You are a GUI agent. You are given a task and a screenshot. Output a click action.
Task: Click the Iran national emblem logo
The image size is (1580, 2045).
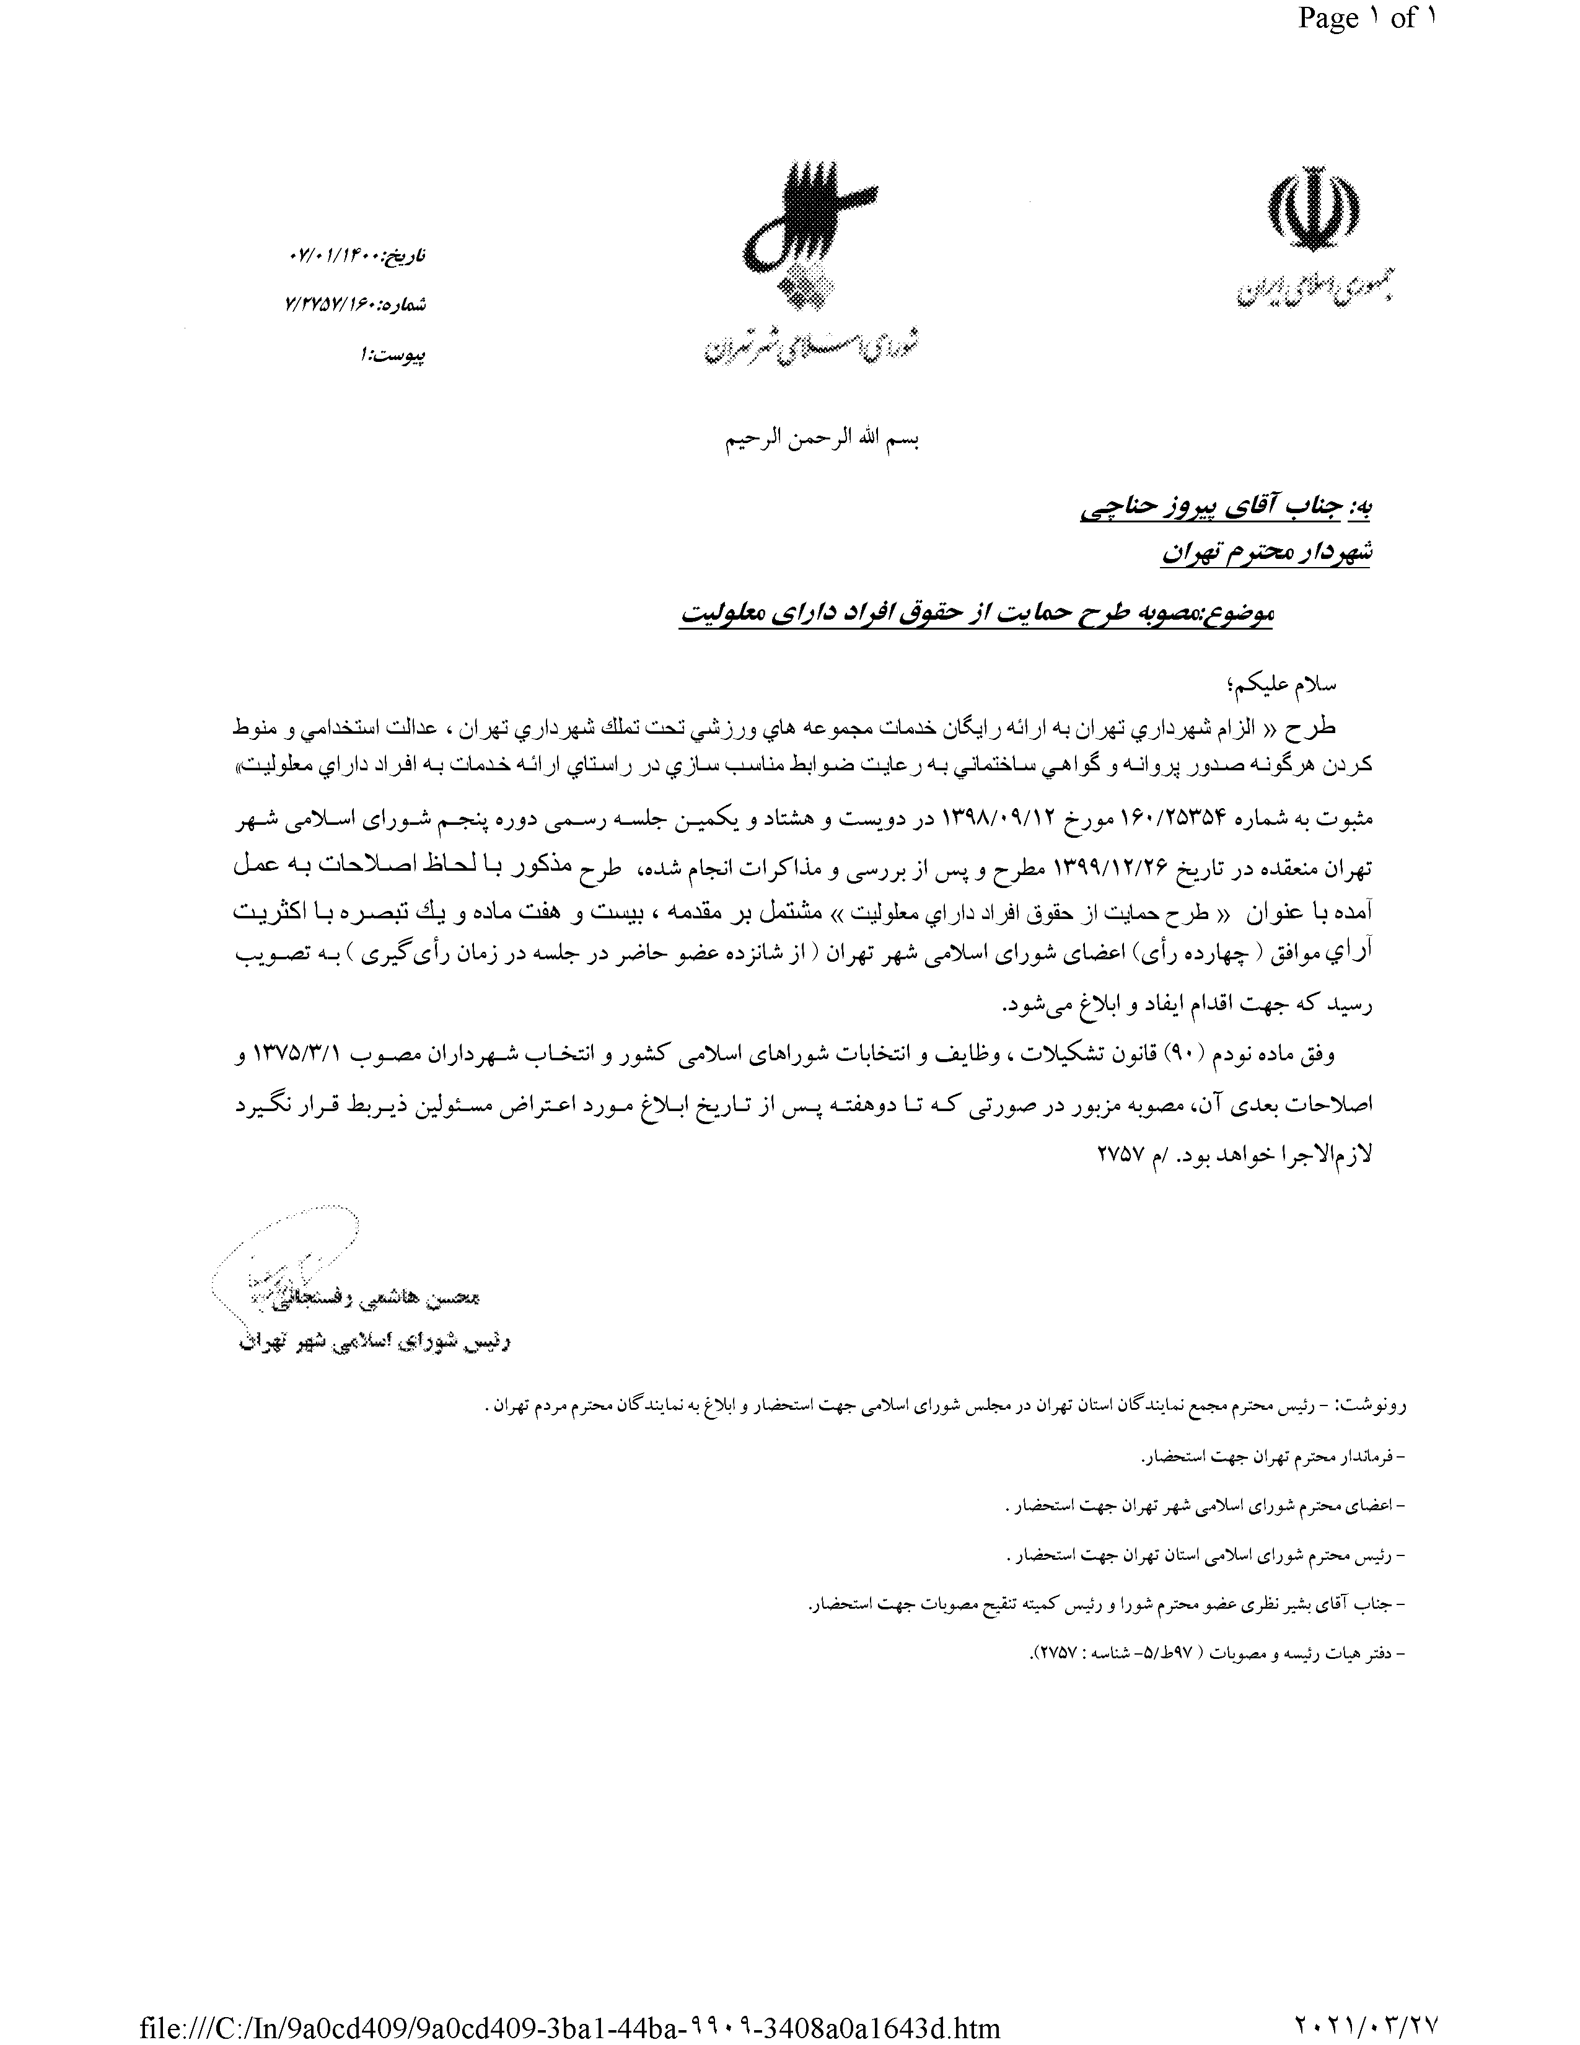point(1312,211)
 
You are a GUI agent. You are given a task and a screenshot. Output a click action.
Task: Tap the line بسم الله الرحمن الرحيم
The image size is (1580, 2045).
point(823,440)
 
